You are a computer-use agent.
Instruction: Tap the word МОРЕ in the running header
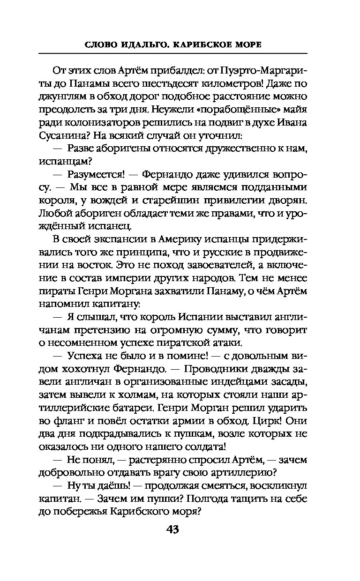(244, 45)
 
